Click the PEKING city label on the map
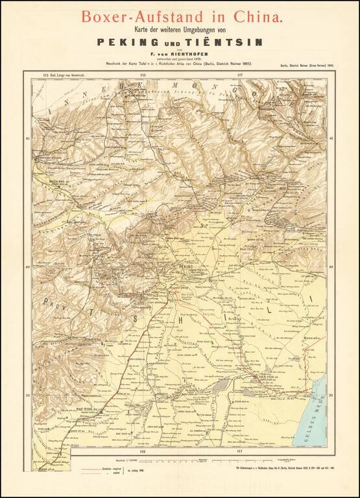coord(186,267)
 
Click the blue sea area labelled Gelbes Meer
coord(317,415)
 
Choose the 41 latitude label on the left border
coord(28,139)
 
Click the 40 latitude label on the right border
coord(331,267)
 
